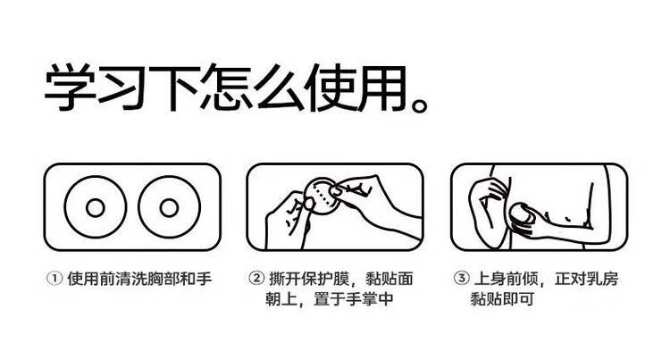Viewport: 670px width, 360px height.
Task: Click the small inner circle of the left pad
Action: click(96, 208)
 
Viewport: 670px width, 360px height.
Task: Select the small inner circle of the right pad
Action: click(169, 208)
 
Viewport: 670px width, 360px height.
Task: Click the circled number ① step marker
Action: click(54, 279)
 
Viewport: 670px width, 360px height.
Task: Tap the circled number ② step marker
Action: click(256, 279)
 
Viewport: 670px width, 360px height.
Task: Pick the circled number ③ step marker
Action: click(461, 279)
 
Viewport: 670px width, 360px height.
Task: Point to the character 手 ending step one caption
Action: click(205, 279)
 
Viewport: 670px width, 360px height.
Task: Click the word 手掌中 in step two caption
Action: click(369, 298)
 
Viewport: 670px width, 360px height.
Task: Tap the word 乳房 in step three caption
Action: click(602, 279)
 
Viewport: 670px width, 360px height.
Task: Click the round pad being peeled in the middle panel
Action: click(322, 196)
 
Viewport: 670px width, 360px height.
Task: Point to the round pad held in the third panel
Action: click(523, 213)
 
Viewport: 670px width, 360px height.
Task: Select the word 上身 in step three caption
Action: click(490, 279)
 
